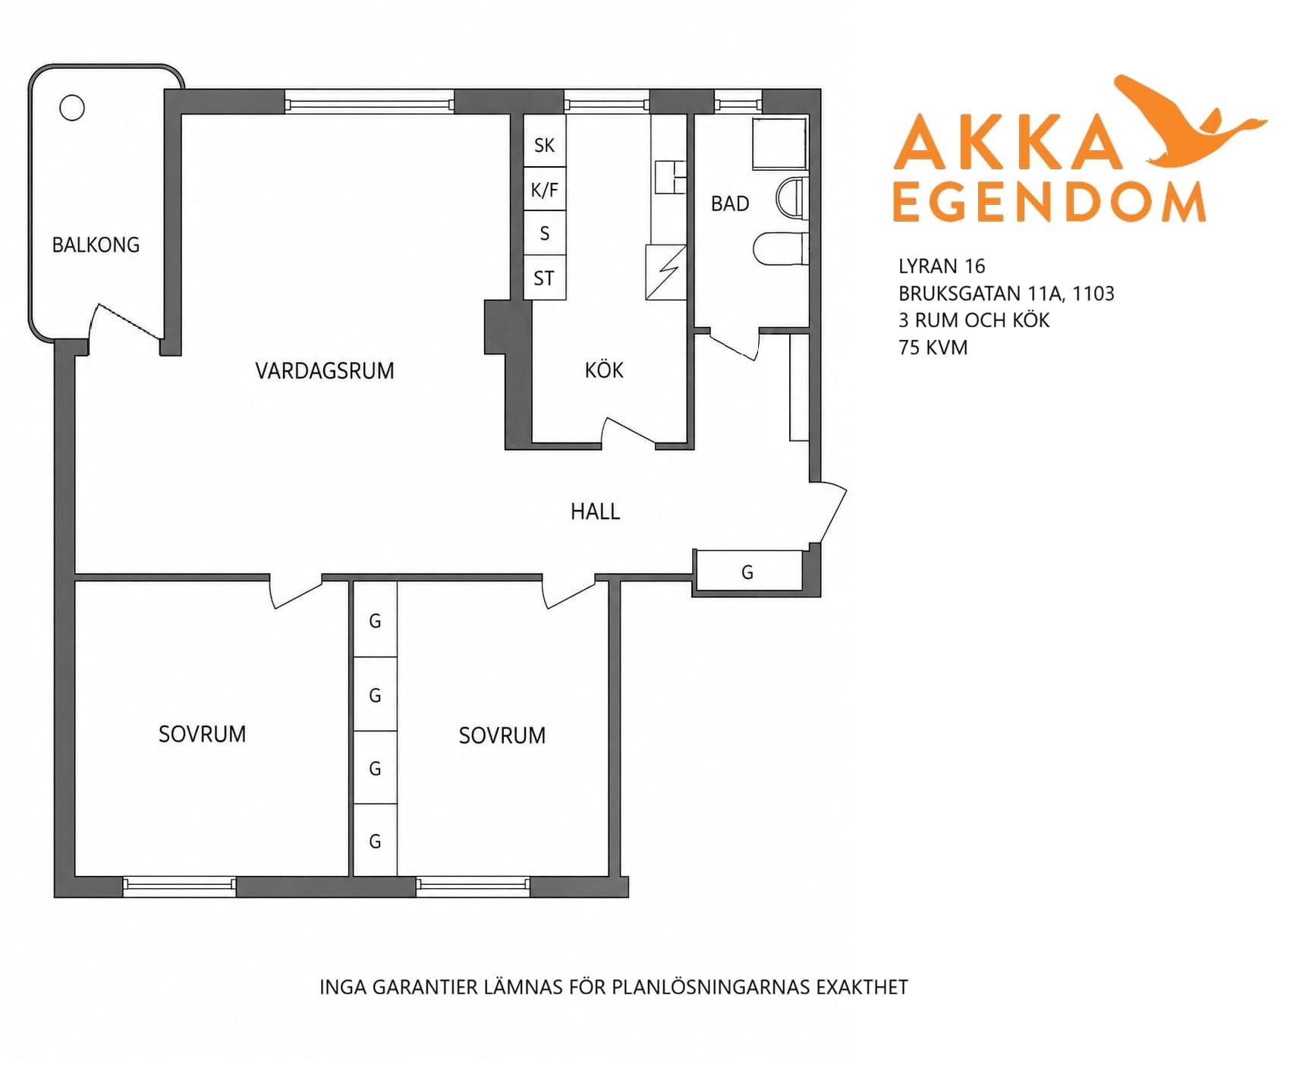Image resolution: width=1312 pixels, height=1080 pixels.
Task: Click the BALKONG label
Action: point(96,245)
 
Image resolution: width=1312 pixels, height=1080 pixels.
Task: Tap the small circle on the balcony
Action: point(72,108)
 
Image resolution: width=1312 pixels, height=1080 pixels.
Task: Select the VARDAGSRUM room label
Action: point(325,371)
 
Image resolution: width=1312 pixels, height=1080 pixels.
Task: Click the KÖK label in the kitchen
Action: point(604,370)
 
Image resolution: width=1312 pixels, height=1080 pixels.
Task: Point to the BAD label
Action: point(730,203)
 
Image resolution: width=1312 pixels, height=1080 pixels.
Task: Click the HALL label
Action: point(596,512)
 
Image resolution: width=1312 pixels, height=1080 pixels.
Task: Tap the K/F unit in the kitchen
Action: point(545,189)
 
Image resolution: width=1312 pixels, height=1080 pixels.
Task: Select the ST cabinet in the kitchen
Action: point(545,278)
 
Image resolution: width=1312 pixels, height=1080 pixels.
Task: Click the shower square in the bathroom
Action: point(779,143)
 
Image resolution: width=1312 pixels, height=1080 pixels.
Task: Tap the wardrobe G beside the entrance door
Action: point(748,571)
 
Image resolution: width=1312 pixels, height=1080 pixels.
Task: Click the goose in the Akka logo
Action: point(1191,121)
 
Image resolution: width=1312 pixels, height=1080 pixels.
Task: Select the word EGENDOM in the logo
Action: point(1049,202)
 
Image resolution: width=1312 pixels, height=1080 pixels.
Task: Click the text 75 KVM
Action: point(933,348)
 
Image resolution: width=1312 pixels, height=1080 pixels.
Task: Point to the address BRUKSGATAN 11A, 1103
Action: point(1006,294)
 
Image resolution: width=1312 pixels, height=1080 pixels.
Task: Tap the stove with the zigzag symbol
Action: point(666,272)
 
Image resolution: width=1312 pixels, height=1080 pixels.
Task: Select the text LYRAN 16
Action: point(942,266)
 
